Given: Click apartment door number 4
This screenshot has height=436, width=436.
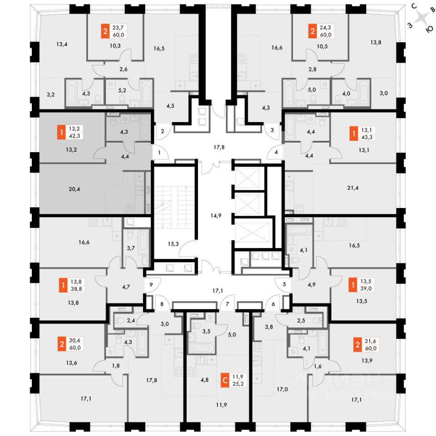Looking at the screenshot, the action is coord(276,152).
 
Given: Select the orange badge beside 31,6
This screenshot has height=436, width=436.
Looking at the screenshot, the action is coord(357,344).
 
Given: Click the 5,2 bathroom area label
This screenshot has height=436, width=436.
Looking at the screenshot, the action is coord(122,90).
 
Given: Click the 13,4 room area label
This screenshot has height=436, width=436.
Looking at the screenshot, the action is coord(62,44).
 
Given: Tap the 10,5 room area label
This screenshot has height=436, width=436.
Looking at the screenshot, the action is coord(322,46).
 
